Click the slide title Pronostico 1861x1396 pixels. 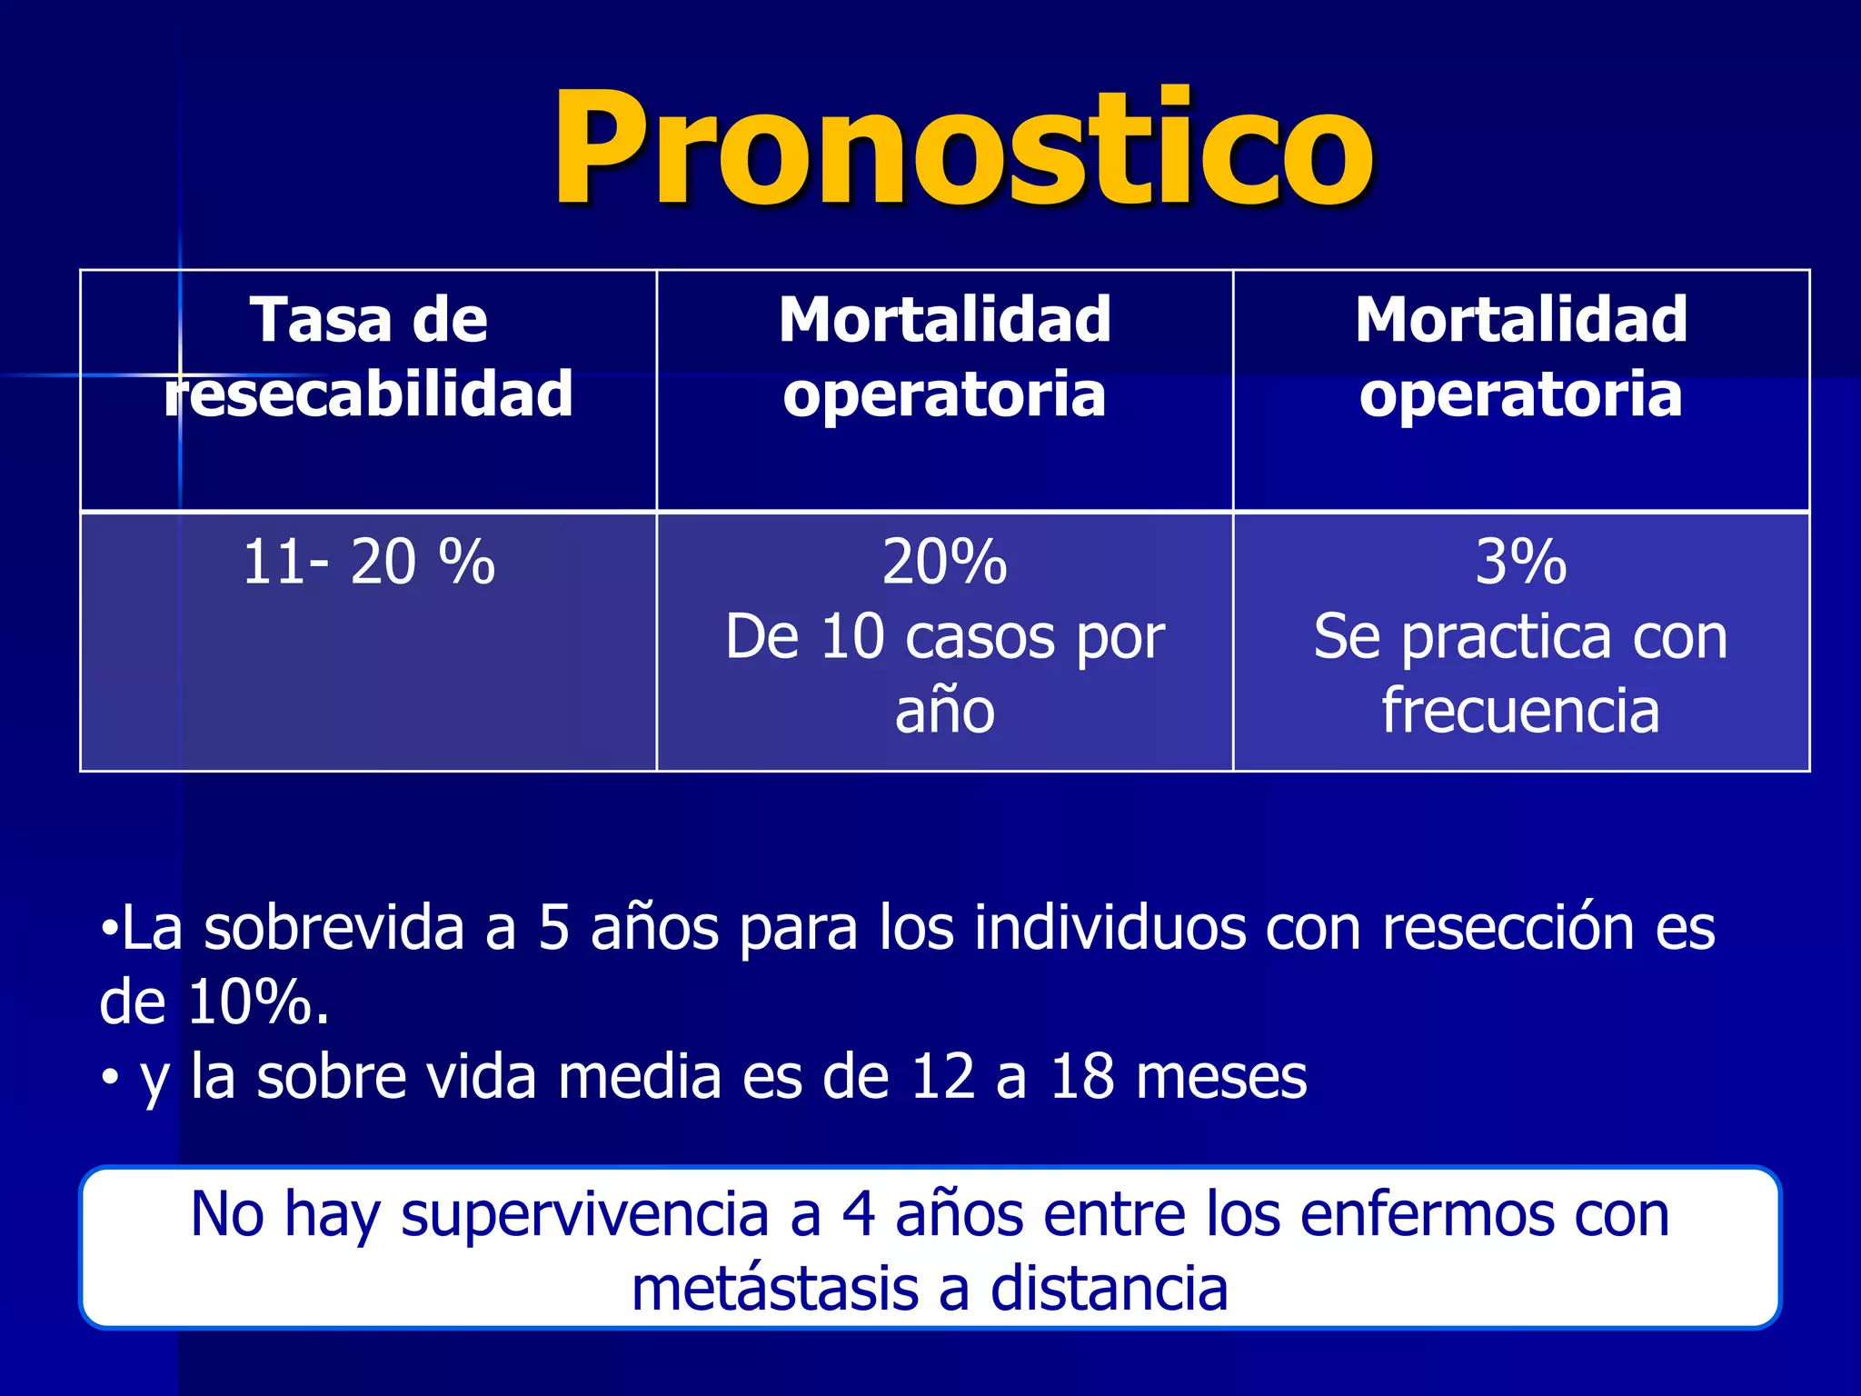(963, 147)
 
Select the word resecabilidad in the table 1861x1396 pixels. (369, 394)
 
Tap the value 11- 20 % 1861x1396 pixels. (369, 562)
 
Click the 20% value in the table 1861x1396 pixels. (944, 562)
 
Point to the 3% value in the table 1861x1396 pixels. (1520, 562)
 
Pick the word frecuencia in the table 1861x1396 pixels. (1520, 711)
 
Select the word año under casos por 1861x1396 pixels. (944, 711)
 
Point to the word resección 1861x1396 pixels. (1508, 929)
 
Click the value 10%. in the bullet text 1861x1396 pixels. (258, 1003)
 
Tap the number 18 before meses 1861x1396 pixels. (1081, 1078)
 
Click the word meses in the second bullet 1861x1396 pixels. (1221, 1078)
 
